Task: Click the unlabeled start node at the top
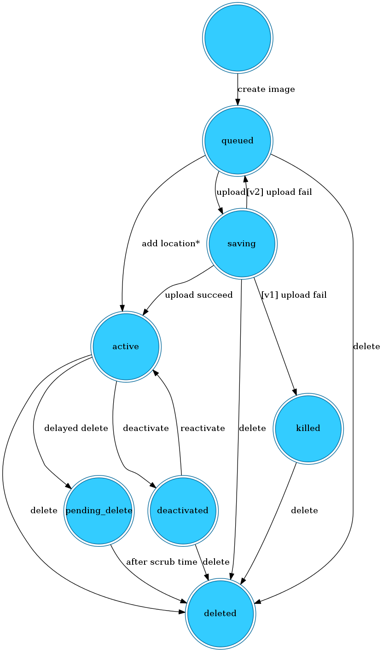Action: (238, 38)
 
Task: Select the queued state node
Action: (238, 141)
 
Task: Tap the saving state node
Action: (242, 244)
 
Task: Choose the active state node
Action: (126, 346)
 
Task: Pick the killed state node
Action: (308, 429)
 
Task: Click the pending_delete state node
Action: (99, 511)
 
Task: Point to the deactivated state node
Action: (183, 511)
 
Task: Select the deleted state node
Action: (220, 614)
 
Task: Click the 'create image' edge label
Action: (266, 90)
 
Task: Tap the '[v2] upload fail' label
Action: (279, 193)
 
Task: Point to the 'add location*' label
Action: (171, 244)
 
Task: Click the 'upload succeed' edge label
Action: (199, 295)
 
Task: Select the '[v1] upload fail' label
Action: (294, 295)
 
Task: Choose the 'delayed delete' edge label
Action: (76, 429)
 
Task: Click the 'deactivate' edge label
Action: (146, 429)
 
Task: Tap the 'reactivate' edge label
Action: (203, 429)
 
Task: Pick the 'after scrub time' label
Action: (162, 562)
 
